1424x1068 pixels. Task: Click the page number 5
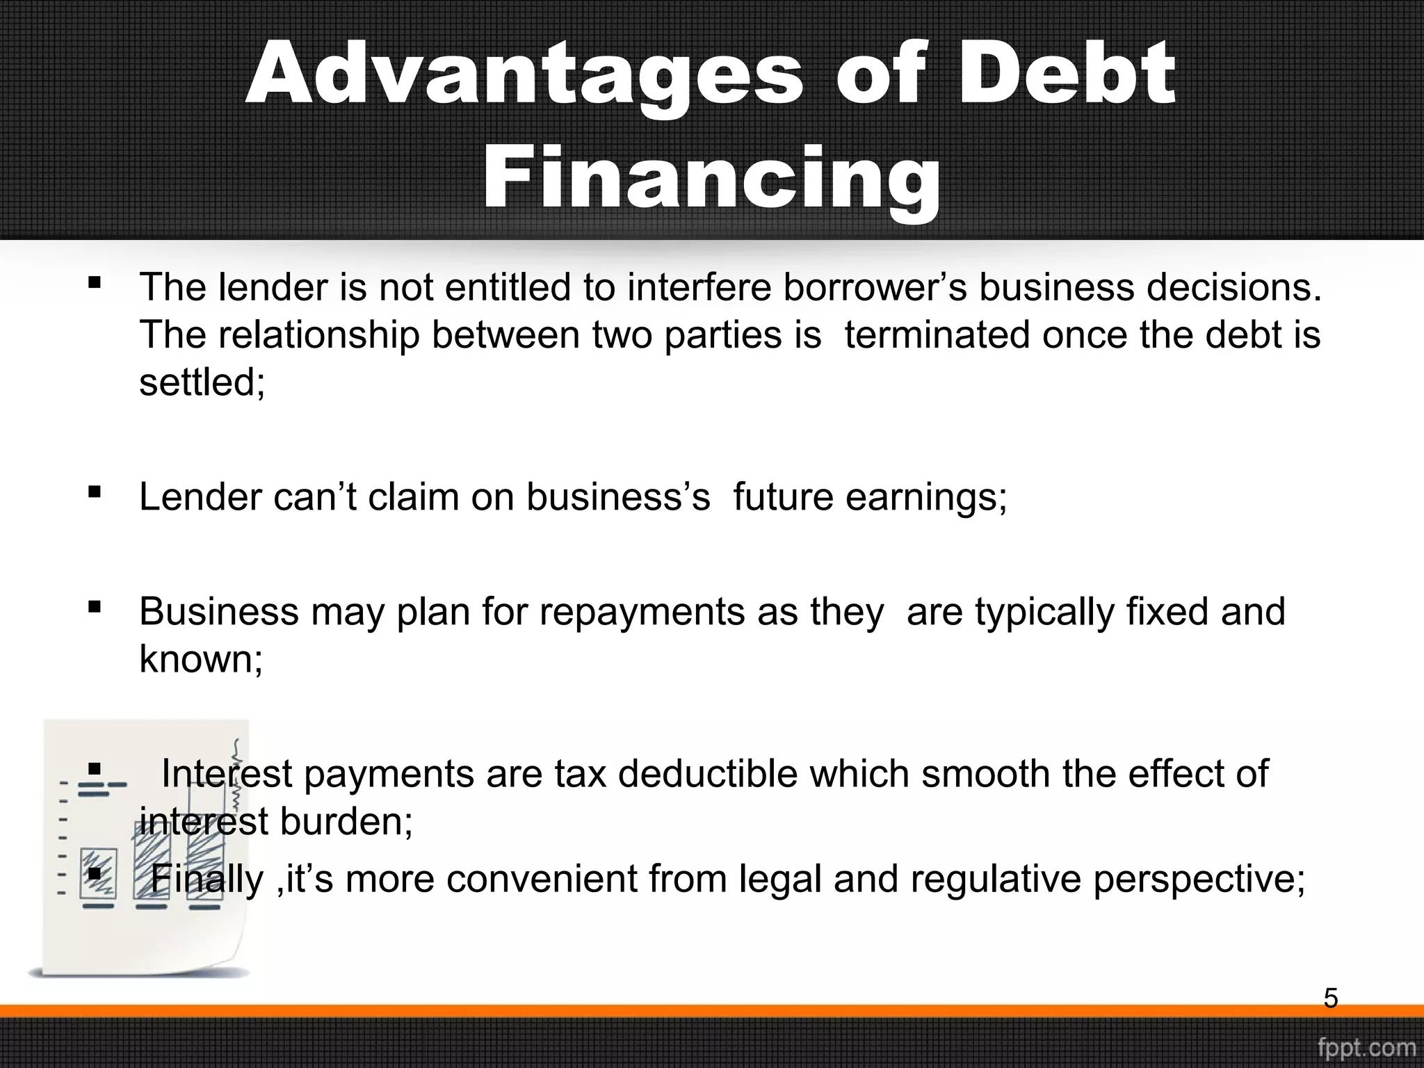pos(1330,998)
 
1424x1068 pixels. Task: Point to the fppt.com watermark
pos(1366,1048)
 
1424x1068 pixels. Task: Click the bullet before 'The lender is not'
pos(95,284)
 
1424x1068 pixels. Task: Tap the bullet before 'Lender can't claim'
pos(95,493)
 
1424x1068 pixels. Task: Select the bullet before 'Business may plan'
pos(95,608)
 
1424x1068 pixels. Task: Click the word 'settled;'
pos(202,382)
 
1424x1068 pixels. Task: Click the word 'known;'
pos(201,659)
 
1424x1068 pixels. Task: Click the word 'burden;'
pos(346,822)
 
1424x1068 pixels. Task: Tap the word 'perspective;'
pos(1199,880)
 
